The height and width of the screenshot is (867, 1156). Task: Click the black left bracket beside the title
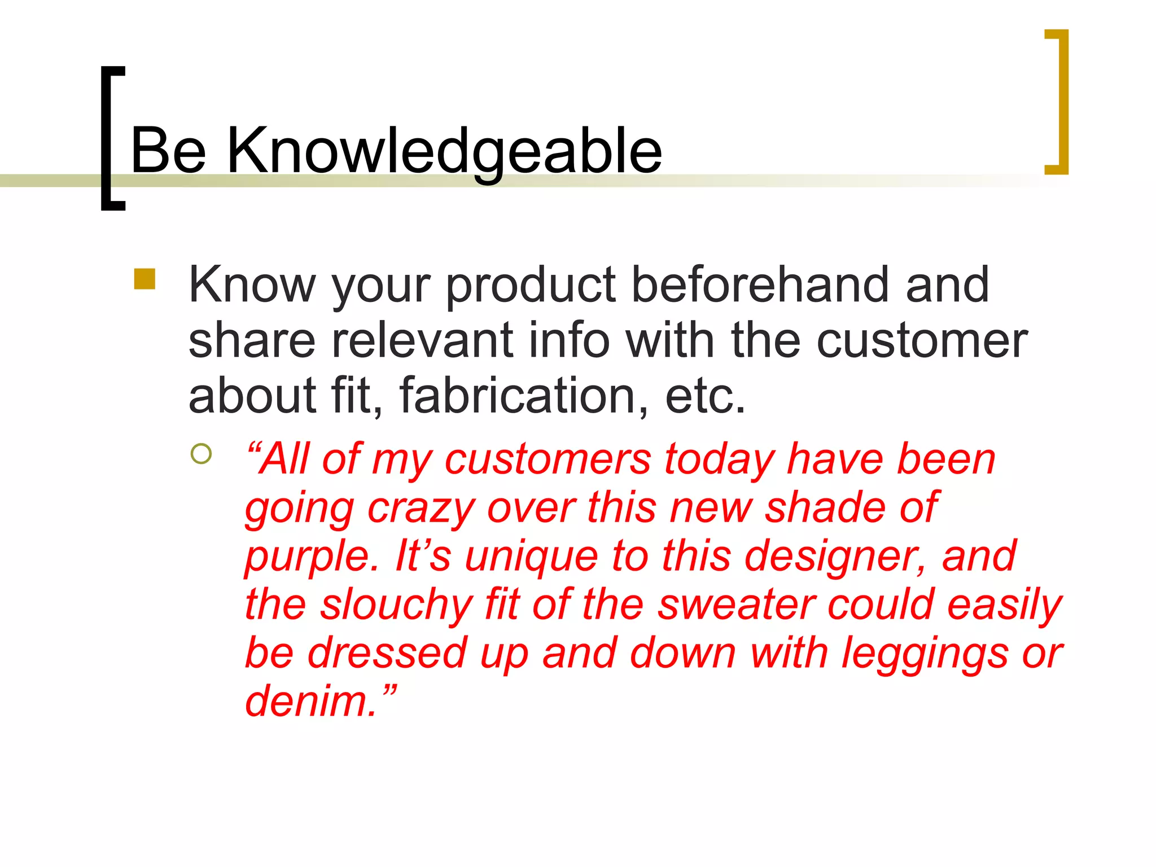(x=107, y=138)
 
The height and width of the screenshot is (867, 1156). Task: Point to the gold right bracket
(x=1061, y=102)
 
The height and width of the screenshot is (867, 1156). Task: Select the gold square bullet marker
(x=144, y=279)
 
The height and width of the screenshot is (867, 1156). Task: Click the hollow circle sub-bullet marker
(x=201, y=454)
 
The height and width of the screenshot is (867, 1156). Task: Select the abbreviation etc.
(x=706, y=396)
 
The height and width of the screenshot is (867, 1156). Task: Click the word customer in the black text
(x=922, y=341)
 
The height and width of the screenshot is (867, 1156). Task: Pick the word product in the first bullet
(x=531, y=286)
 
